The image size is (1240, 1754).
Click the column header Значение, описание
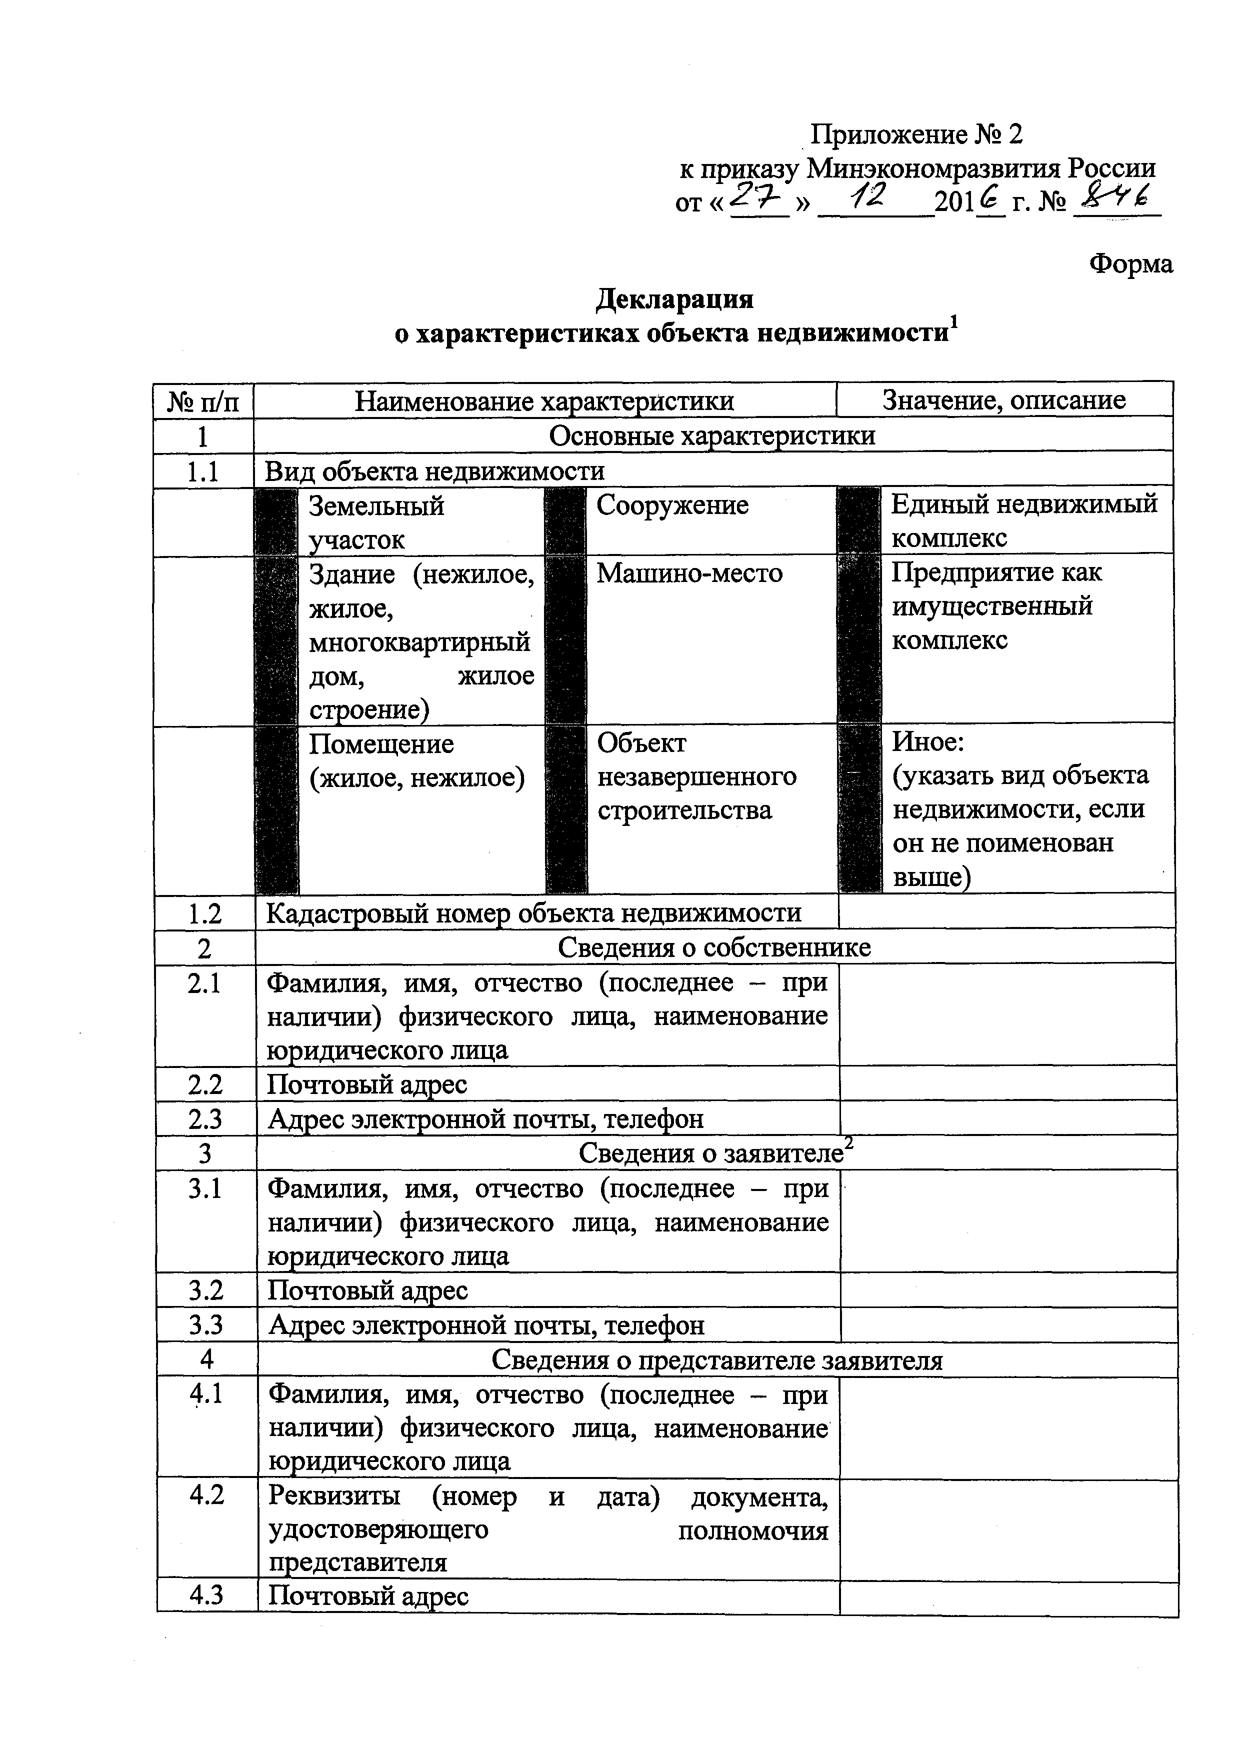[1004, 400]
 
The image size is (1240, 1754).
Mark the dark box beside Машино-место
[565, 640]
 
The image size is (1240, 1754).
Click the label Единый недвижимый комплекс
[1024, 521]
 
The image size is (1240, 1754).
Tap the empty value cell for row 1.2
[1006, 913]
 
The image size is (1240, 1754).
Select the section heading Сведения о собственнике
[713, 948]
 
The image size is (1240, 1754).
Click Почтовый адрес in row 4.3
[368, 1596]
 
